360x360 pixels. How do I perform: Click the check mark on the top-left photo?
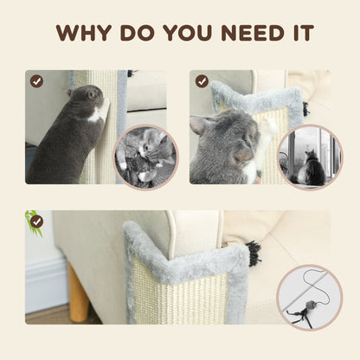[36, 80]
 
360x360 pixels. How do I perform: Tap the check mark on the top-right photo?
[202, 80]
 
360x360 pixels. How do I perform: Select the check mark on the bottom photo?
[36, 221]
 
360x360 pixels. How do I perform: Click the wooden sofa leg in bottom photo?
[79, 304]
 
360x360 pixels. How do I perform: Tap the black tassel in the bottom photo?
[254, 254]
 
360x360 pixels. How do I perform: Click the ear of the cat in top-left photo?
[90, 92]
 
